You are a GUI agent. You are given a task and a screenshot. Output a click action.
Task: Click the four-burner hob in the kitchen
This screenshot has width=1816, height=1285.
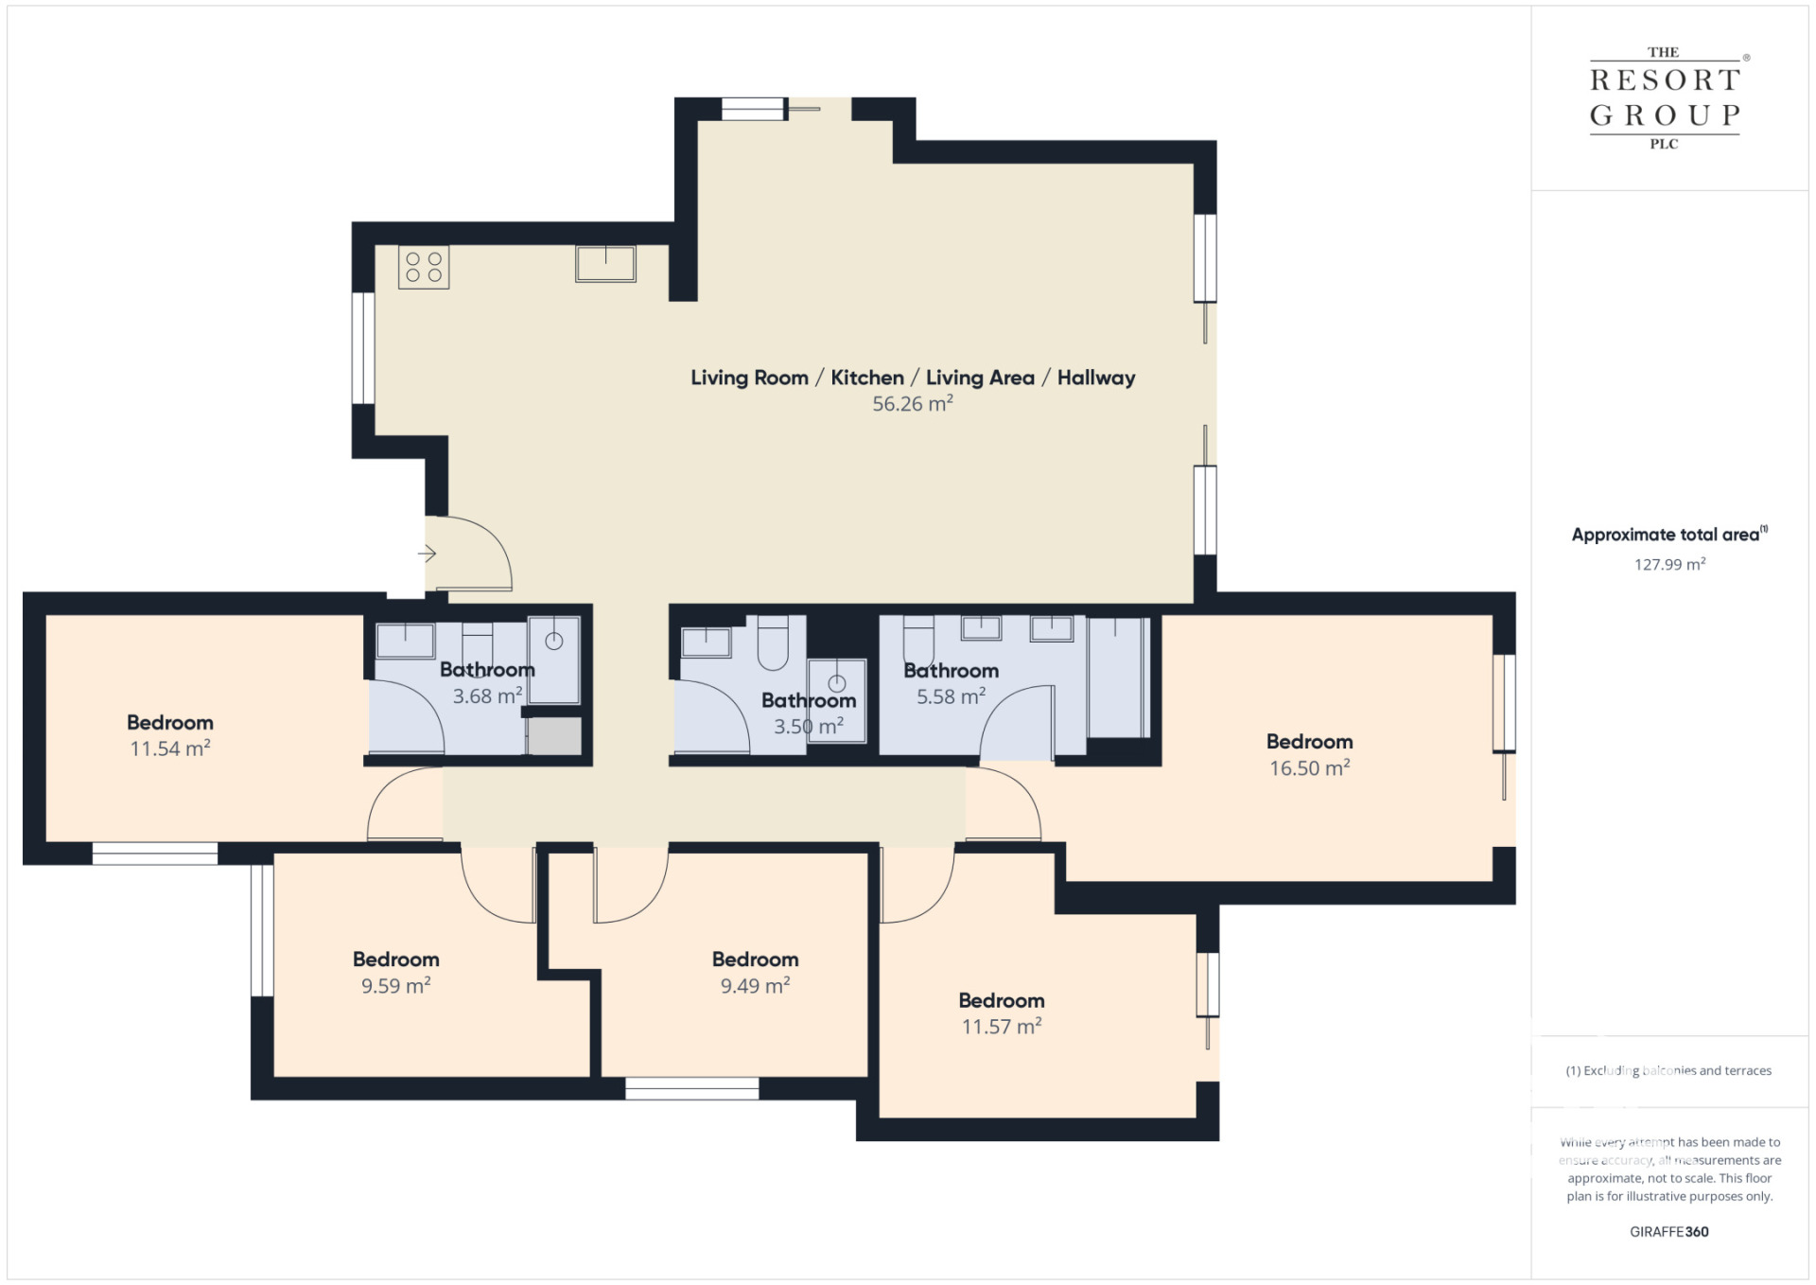coord(424,267)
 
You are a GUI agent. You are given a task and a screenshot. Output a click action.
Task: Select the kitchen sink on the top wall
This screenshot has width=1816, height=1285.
coord(605,264)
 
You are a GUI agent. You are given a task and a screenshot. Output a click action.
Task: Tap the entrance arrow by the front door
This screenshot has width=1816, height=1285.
coord(427,554)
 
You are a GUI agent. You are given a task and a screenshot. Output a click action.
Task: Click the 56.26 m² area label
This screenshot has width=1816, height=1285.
coord(912,404)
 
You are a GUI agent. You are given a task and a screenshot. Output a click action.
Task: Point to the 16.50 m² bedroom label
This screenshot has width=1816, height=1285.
coord(1309,768)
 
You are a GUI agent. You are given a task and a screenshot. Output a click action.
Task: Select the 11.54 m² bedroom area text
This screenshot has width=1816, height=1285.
coord(170,748)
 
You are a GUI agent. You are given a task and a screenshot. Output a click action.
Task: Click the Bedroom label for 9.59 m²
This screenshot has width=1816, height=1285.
coord(395,959)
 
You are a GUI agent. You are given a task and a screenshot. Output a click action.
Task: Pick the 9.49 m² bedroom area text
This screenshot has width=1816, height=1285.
coord(755,986)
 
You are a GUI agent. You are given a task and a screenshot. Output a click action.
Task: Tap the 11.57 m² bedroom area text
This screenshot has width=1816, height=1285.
coord(1001,1027)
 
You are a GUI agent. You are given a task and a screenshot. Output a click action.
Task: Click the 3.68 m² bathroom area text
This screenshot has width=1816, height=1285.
coord(487,696)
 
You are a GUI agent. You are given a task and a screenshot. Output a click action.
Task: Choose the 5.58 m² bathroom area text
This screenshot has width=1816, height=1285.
coord(951,697)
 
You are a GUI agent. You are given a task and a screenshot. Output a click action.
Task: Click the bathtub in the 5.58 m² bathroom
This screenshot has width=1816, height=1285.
coord(1119,678)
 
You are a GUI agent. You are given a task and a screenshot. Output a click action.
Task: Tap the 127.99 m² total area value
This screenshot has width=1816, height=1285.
coord(1669,565)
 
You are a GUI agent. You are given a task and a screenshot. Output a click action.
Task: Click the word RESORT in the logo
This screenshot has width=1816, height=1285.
coord(1665,81)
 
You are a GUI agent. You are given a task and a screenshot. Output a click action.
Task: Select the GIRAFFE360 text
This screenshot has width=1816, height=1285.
coord(1668,1232)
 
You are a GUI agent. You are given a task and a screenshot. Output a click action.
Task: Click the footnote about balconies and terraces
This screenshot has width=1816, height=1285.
coord(1668,1071)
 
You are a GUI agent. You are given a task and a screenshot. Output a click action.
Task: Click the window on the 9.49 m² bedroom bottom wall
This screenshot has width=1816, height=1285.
coord(691,1089)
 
